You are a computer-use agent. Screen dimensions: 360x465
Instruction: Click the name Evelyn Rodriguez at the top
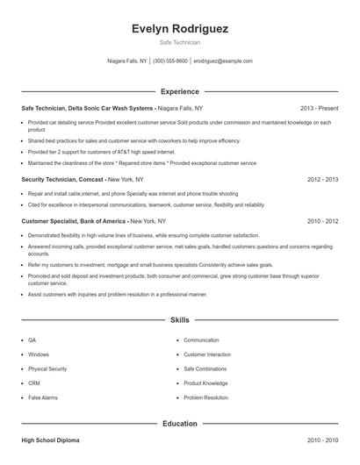point(179,28)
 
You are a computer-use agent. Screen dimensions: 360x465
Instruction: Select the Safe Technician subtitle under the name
point(179,43)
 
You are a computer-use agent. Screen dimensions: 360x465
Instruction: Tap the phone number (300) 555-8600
point(170,61)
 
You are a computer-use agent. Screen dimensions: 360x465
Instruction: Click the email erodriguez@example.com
point(223,61)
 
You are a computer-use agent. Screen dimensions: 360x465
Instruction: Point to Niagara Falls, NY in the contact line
point(126,61)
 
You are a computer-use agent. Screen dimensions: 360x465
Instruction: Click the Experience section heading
point(179,91)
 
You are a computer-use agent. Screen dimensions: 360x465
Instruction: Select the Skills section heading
point(179,322)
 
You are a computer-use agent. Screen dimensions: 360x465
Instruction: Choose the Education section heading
point(179,424)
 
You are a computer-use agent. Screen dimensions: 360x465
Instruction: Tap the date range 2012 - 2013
point(320,178)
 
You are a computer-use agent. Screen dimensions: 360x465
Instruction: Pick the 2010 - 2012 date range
point(320,221)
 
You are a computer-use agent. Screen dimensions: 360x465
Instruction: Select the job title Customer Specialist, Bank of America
point(75,221)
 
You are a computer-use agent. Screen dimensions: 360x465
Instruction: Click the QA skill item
point(32,340)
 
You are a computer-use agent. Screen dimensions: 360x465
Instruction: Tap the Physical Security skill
point(47,368)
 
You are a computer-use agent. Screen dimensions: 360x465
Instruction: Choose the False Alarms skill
point(42,397)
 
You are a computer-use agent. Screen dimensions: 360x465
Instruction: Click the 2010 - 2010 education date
point(320,440)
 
